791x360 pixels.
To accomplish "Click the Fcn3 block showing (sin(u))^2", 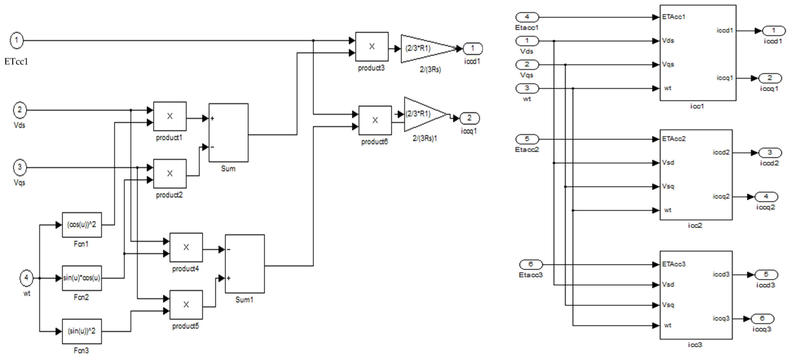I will [x=82, y=331].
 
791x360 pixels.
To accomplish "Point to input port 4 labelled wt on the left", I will [x=26, y=278].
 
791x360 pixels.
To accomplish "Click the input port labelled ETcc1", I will [x=17, y=40].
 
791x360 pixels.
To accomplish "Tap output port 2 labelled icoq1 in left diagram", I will [x=469, y=118].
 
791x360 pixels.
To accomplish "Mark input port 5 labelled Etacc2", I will [x=527, y=139].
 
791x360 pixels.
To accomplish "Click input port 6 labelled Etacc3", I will [x=531, y=264].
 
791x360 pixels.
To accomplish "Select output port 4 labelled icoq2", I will [x=766, y=196].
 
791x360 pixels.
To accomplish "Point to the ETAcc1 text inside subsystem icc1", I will [x=674, y=17].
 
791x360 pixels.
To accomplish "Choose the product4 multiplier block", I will [x=186, y=247].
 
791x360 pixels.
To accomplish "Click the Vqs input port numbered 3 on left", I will [x=20, y=167].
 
